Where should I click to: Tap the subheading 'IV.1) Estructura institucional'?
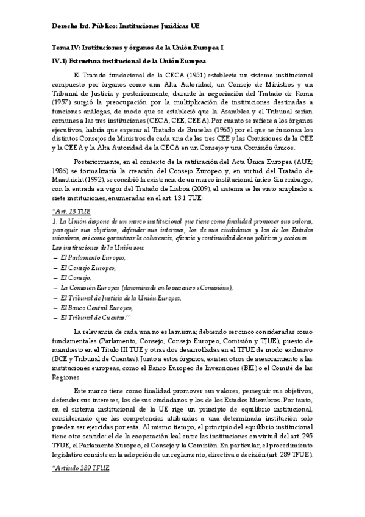pos(129,62)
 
